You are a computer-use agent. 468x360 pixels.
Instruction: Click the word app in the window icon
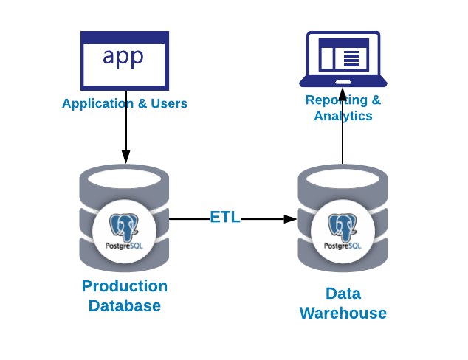pos(123,57)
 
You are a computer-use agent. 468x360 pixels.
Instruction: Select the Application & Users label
pos(125,103)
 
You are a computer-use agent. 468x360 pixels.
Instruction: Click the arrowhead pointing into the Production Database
pos(125,156)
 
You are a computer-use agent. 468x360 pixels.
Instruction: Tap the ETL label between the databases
pos(225,218)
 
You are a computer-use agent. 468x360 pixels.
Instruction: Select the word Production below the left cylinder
pos(125,286)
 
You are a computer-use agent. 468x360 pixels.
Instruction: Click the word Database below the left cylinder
pos(125,305)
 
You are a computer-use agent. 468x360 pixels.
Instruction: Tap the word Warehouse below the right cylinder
pos(343,313)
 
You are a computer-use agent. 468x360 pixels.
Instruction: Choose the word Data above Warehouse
pos(343,294)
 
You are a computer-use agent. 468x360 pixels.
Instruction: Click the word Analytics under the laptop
pos(343,116)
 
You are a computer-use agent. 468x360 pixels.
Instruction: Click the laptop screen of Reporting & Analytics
pos(343,55)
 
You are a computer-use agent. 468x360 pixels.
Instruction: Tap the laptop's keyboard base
pos(343,81)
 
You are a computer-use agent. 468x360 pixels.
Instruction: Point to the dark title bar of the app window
pos(125,36)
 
